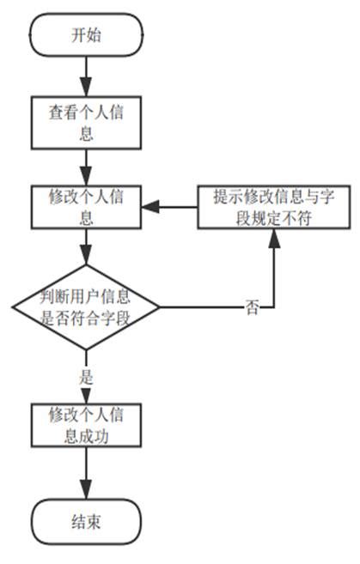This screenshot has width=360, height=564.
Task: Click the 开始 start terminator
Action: tap(86, 36)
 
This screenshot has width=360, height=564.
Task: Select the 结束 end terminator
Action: tap(86, 521)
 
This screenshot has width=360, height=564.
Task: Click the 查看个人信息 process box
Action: tap(86, 122)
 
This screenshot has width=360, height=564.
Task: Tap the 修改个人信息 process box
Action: tap(86, 207)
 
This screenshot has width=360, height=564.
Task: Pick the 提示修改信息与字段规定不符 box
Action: tap(272, 207)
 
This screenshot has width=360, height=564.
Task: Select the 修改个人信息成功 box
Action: tap(86, 424)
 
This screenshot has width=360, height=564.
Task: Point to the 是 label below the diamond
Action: tap(86, 375)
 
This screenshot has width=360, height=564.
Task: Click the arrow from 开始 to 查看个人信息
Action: tap(86, 78)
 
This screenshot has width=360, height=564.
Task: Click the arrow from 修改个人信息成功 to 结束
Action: tap(86, 472)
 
